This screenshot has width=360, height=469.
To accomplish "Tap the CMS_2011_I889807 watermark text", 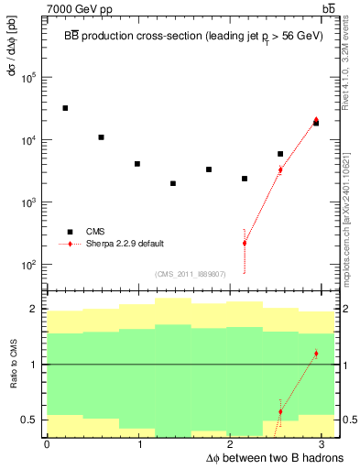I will pos(191,273).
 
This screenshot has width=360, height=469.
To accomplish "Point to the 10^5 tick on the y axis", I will pos(31,78).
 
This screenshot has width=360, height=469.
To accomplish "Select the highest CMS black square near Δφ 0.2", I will pos(65,108).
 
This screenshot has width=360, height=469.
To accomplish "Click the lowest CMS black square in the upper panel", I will pos(172,183).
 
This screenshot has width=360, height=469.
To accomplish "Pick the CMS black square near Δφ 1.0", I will pos(136,164).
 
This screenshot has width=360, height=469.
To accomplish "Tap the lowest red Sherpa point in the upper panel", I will pos(245,243).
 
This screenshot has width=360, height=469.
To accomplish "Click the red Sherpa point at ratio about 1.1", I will pos(316,354).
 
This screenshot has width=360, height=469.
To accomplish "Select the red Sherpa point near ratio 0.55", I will pos(280,411).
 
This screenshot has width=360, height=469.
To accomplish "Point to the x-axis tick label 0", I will pos(47,444).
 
